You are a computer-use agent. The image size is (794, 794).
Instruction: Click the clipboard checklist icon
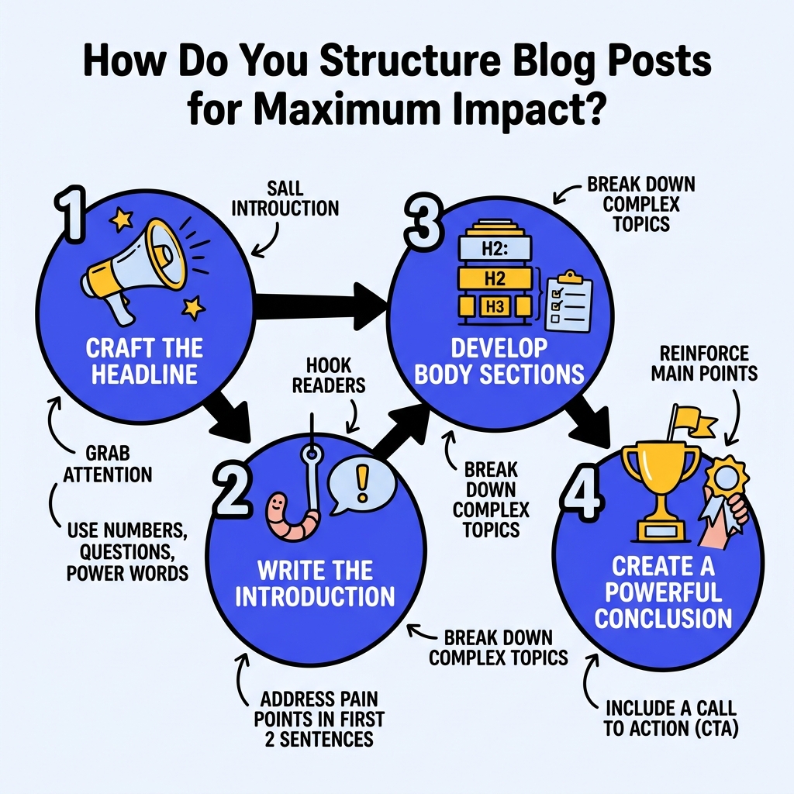pos(569,303)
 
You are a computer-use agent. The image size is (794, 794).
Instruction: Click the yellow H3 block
pos(495,307)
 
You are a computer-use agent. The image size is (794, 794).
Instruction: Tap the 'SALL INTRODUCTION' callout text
pos(285,198)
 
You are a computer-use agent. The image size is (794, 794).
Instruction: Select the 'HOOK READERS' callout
pos(329,375)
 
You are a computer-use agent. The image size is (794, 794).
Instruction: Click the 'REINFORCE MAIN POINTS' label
pos(704,363)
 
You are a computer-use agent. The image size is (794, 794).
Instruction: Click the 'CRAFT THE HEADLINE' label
pos(144,360)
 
